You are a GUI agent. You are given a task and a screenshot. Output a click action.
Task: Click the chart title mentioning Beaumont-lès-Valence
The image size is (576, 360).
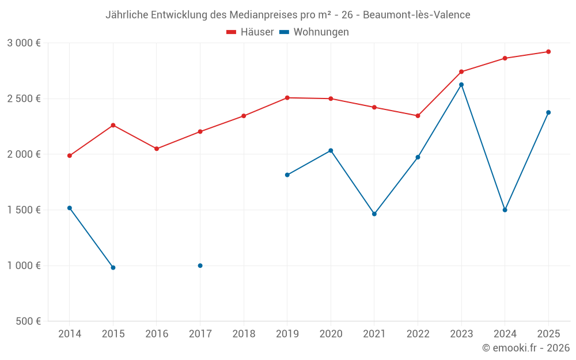pos(287,14)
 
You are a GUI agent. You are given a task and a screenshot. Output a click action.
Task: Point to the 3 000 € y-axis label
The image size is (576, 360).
pos(24,43)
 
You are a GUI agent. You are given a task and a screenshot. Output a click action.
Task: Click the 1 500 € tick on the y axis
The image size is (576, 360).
pos(24,210)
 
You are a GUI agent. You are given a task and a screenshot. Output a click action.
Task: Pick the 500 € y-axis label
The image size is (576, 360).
pos(28,321)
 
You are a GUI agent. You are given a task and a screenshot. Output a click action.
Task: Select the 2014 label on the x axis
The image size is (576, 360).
pos(70,334)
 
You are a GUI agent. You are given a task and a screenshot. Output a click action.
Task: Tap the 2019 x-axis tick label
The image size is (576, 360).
pos(287,334)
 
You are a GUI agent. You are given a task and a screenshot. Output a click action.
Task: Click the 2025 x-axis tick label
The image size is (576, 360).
pos(548,334)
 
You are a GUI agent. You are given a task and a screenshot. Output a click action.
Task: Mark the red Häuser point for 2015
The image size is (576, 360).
pos(113,125)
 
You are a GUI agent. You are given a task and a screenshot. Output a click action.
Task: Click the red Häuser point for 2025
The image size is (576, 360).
pos(548,52)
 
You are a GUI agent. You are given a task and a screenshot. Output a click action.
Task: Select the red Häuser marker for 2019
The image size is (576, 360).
pos(287,98)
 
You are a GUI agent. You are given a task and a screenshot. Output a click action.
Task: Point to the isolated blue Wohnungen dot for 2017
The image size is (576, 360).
pos(200,266)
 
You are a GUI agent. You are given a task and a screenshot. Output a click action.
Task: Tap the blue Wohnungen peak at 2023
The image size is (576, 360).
pos(461,85)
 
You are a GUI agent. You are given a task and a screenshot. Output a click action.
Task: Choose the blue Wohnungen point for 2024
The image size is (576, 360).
pos(505,210)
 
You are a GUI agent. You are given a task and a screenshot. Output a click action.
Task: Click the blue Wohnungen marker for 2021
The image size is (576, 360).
pos(374,214)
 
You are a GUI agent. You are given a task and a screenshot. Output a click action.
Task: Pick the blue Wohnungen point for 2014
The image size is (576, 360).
pos(70,208)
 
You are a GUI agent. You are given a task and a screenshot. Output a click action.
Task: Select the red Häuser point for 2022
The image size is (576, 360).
pos(418,116)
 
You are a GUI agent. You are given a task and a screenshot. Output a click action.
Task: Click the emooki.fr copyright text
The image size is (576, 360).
pos(526,348)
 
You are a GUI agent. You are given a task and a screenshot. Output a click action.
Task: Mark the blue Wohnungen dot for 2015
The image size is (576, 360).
pos(113,268)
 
